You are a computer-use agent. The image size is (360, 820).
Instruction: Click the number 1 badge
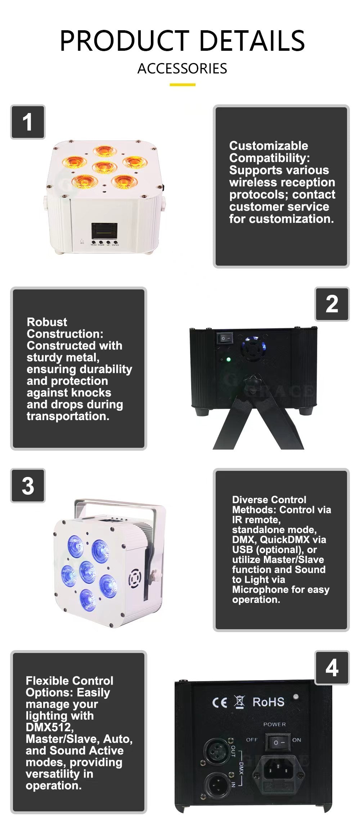click(28, 122)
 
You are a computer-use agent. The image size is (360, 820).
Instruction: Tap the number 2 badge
click(332, 304)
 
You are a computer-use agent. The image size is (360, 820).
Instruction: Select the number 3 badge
click(28, 486)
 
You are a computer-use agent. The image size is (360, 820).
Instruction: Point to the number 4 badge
click(332, 668)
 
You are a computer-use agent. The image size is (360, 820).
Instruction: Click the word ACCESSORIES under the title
click(182, 68)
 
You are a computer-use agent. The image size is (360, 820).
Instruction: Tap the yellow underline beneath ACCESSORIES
click(182, 85)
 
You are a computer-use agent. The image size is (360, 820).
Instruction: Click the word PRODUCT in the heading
click(125, 41)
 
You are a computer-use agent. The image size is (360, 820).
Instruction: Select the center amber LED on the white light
click(104, 167)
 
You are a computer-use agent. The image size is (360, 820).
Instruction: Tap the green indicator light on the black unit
click(228, 359)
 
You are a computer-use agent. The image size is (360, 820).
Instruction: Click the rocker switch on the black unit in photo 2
click(225, 338)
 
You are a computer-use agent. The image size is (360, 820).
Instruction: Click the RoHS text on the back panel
click(268, 702)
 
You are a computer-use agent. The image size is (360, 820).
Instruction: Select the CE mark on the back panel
click(220, 702)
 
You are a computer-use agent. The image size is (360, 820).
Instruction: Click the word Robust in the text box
click(47, 322)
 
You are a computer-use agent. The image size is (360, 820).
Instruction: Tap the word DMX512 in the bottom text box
click(49, 727)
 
